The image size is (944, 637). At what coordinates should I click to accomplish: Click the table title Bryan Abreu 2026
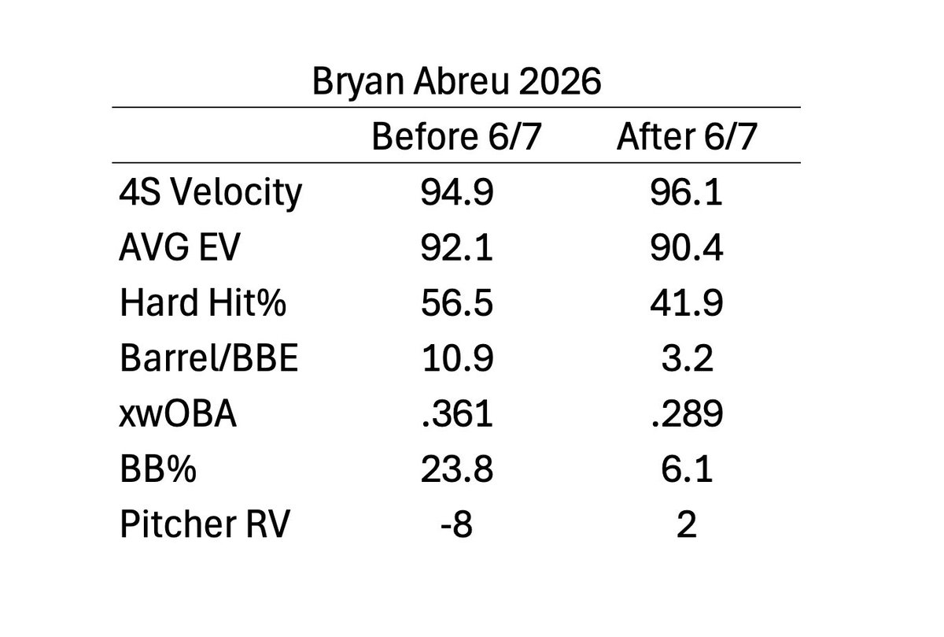pos(456,81)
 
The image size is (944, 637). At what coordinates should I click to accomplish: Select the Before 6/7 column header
pos(456,136)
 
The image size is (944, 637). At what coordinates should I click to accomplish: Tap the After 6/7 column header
pos(687,136)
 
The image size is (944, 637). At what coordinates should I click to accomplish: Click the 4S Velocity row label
pos(210,193)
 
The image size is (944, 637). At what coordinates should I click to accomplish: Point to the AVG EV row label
pos(179,247)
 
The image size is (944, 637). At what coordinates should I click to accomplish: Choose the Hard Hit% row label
pos(203,302)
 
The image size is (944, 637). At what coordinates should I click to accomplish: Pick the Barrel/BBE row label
pos(209,357)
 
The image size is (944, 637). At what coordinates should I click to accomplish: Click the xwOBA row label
pos(178,413)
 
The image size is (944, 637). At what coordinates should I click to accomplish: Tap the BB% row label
pos(158,468)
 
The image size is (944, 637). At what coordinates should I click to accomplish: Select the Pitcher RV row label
pos(205,524)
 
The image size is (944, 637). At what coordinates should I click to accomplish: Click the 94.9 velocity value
pos(457,192)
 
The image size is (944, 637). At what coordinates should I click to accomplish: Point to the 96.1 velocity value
pos(686,192)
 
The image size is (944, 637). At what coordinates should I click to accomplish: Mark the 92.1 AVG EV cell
pos(456,247)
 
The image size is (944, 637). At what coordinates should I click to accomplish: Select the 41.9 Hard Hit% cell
pos(687,302)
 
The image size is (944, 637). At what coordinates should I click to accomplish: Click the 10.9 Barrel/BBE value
pos(457,357)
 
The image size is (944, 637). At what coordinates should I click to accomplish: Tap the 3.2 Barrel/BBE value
pos(687,357)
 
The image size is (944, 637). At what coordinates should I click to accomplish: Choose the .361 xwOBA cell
pos(457,413)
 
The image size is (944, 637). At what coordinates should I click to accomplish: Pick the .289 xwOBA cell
pos(687,413)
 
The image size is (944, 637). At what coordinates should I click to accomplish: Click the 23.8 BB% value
pos(457,468)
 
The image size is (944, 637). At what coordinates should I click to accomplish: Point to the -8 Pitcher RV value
pos(456,524)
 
